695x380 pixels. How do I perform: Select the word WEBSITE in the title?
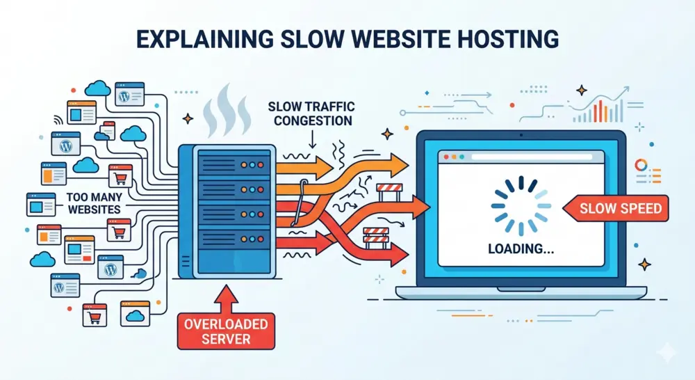[403, 38]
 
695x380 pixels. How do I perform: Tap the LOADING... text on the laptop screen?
[521, 247]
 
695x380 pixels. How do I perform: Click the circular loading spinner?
[521, 205]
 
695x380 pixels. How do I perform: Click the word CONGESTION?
[313, 120]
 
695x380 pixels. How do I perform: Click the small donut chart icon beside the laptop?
[641, 165]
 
